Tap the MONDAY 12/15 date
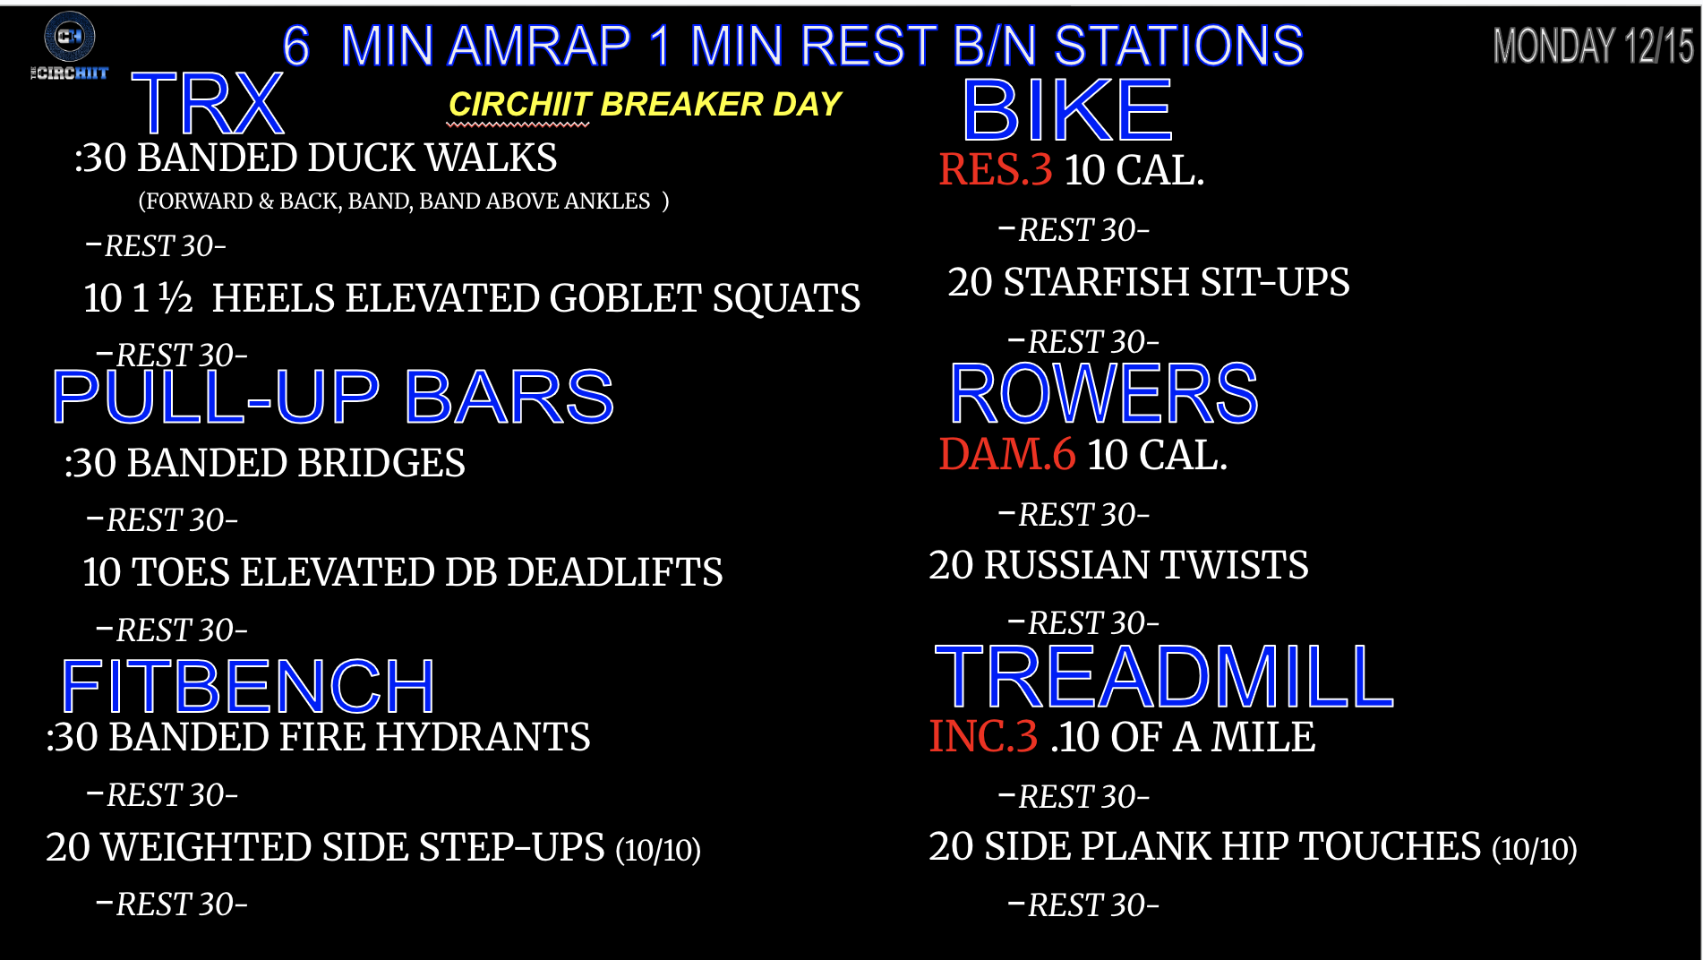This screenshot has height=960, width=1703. (x=1593, y=46)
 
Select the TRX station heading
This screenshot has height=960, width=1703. (x=208, y=104)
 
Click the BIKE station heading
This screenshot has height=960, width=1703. (x=1067, y=110)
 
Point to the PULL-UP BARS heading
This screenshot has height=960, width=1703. (x=333, y=396)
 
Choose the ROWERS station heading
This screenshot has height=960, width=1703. (x=1103, y=393)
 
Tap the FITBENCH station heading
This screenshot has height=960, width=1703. (x=248, y=685)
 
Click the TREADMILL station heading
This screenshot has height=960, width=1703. (x=1164, y=676)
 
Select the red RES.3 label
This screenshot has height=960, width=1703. (x=996, y=169)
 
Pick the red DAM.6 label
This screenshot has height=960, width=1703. (x=1006, y=454)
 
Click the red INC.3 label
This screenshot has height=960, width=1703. (x=983, y=736)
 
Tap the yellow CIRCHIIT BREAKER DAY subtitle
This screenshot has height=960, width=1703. (x=645, y=104)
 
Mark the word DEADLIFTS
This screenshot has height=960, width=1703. (x=614, y=572)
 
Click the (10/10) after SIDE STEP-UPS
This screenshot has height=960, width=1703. (x=658, y=850)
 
